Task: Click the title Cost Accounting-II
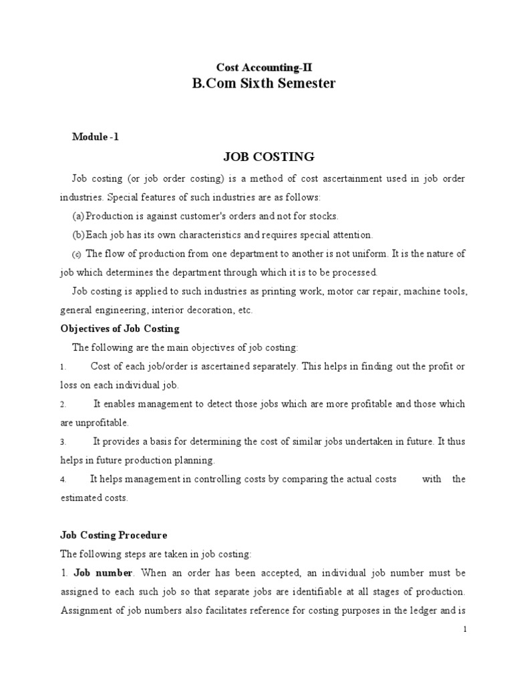pyautogui.click(x=263, y=67)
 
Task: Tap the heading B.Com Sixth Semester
pyautogui.click(x=263, y=84)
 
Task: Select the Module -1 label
pyautogui.click(x=96, y=137)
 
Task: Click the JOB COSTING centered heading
pyautogui.click(x=268, y=157)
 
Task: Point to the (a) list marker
pyautogui.click(x=79, y=216)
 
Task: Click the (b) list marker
pyautogui.click(x=79, y=235)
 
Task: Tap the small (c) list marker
pyautogui.click(x=76, y=254)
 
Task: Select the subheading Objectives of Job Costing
pyautogui.click(x=120, y=329)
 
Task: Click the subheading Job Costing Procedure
pyautogui.click(x=114, y=535)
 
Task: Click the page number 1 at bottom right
pyautogui.click(x=464, y=629)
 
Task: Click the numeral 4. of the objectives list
pyautogui.click(x=63, y=480)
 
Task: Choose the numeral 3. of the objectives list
pyautogui.click(x=63, y=442)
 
